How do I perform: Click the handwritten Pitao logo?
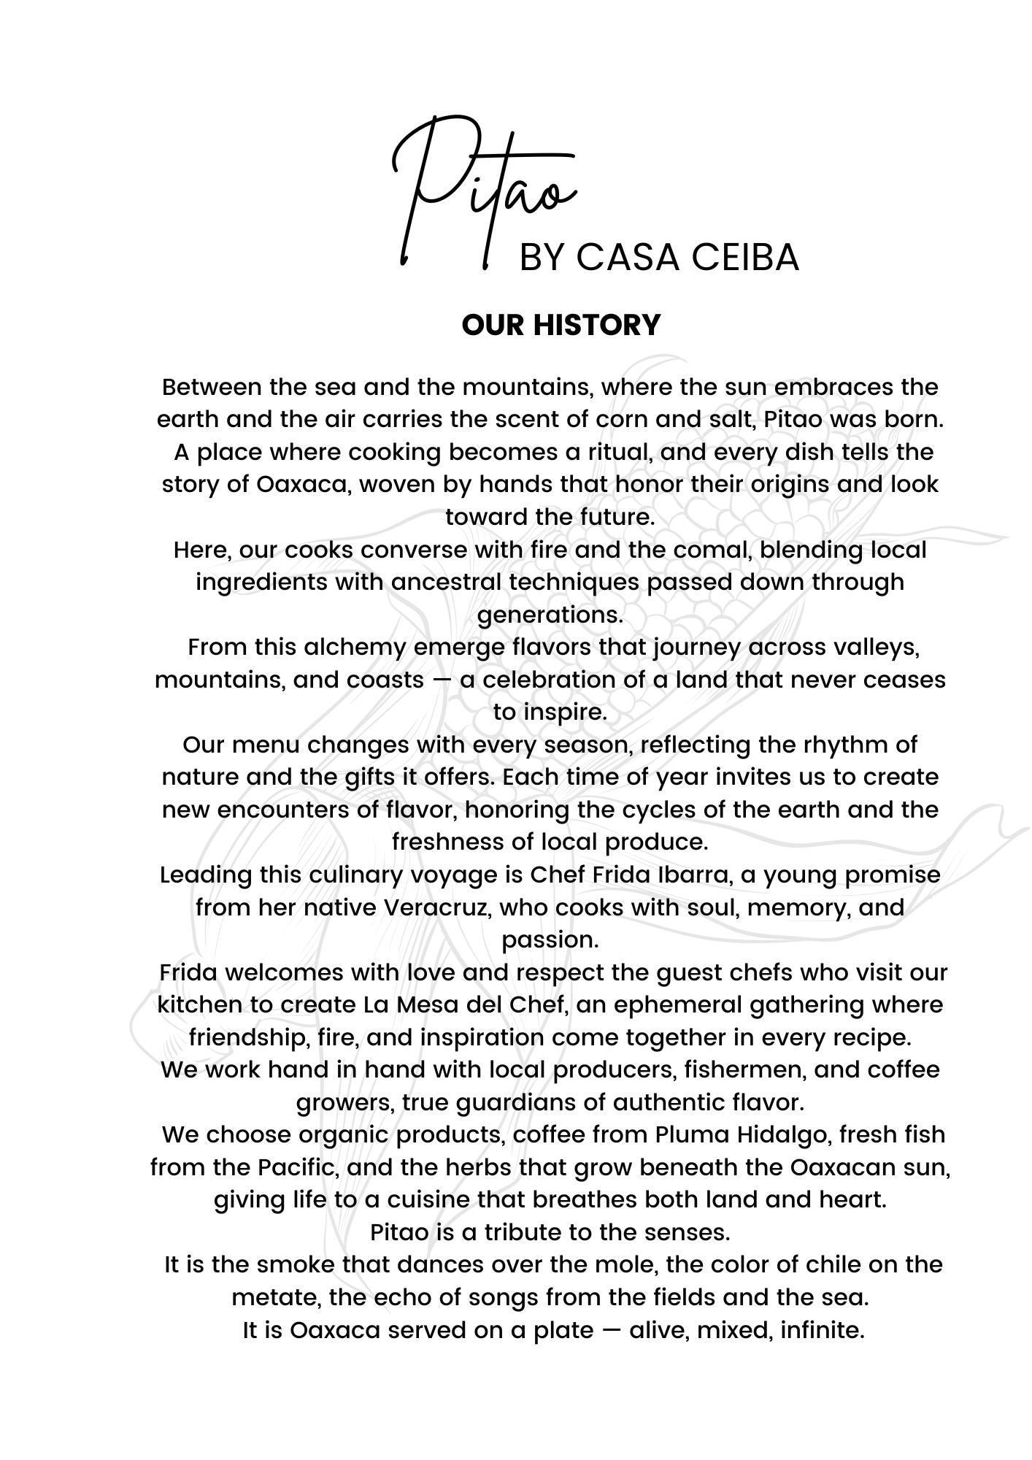tap(482, 193)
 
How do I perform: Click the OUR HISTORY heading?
tap(561, 325)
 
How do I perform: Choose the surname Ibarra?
tap(692, 875)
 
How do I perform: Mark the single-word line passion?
tap(550, 940)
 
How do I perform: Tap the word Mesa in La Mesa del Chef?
tap(425, 1004)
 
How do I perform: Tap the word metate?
tap(274, 1297)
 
